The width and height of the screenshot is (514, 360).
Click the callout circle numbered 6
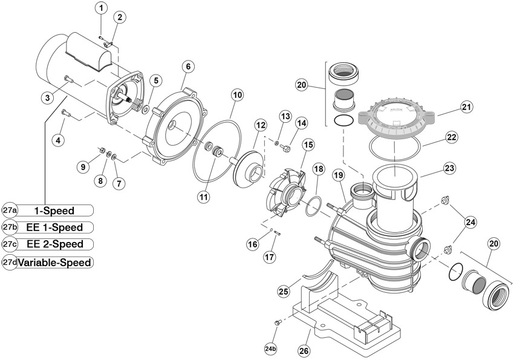(188, 67)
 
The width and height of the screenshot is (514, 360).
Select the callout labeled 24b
(271, 349)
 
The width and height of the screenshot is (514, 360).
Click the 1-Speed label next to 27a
(54, 211)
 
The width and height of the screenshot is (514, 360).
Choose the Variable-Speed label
(54, 263)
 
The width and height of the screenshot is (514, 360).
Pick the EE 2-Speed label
(55, 244)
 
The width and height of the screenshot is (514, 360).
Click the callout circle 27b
(10, 227)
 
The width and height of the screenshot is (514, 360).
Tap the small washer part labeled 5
(145, 108)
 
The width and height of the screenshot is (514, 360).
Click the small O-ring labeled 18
(313, 206)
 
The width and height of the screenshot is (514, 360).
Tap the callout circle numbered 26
(304, 351)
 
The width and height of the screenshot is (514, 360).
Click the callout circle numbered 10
(237, 96)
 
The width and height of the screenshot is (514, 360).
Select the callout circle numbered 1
(101, 8)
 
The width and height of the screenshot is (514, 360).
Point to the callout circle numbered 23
(449, 168)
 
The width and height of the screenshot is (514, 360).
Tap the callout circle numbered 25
(284, 290)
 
